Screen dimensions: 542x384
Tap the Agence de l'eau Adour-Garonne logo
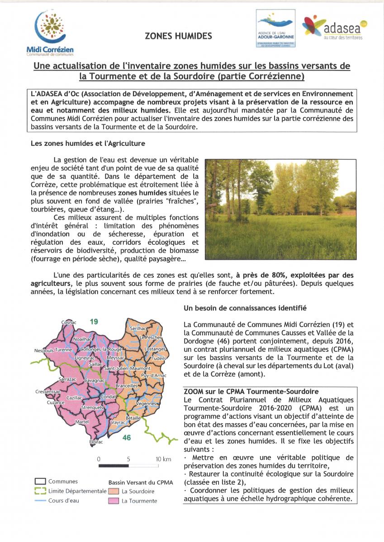(275, 28)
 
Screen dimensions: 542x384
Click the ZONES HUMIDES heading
(178, 36)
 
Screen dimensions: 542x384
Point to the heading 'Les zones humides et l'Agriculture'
(88, 144)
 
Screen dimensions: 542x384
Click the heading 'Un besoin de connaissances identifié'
(245, 308)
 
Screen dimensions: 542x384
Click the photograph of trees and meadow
(280, 209)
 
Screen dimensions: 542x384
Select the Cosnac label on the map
(69, 322)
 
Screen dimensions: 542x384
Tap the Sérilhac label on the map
(138, 328)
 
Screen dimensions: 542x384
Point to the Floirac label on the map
(96, 442)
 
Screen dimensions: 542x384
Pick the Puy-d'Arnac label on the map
(154, 376)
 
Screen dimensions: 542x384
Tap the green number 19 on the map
(94, 322)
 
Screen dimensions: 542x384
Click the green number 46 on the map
(127, 438)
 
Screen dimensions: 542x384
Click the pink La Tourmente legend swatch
(114, 501)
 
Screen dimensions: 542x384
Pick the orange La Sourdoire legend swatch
(114, 491)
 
